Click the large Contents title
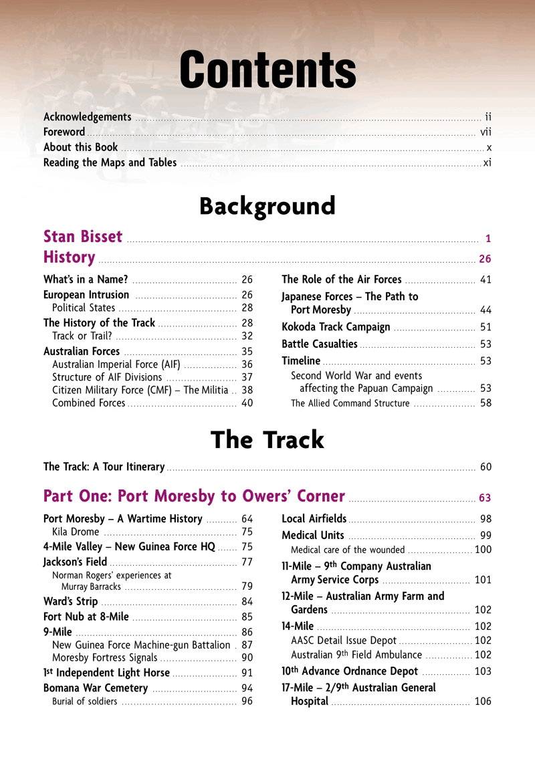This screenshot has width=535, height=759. pyautogui.click(x=267, y=70)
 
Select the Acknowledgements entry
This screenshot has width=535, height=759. pyautogui.click(x=87, y=116)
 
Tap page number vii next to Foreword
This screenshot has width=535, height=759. pyautogui.click(x=486, y=132)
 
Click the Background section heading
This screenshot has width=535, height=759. pyautogui.click(x=267, y=206)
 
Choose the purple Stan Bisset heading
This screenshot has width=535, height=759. pyautogui.click(x=83, y=237)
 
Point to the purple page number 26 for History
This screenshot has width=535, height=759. pyautogui.click(x=486, y=259)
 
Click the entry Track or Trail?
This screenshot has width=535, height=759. pyautogui.click(x=85, y=336)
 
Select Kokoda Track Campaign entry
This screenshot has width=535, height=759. pyautogui.click(x=336, y=327)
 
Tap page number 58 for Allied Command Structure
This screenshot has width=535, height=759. pyautogui.click(x=486, y=403)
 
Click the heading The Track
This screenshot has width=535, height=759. pyautogui.click(x=267, y=440)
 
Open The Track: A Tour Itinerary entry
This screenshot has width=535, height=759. pyautogui.click(x=104, y=467)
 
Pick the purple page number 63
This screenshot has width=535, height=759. pyautogui.click(x=486, y=498)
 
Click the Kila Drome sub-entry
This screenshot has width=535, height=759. pyautogui.click(x=76, y=532)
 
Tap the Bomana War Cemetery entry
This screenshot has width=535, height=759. pyautogui.click(x=96, y=688)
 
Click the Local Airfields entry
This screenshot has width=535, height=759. pyautogui.click(x=314, y=518)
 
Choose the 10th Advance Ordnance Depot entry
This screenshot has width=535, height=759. pyautogui.click(x=350, y=671)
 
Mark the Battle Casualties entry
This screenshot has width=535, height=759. pyautogui.click(x=320, y=344)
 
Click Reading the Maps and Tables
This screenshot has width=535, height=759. pyautogui.click(x=110, y=162)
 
